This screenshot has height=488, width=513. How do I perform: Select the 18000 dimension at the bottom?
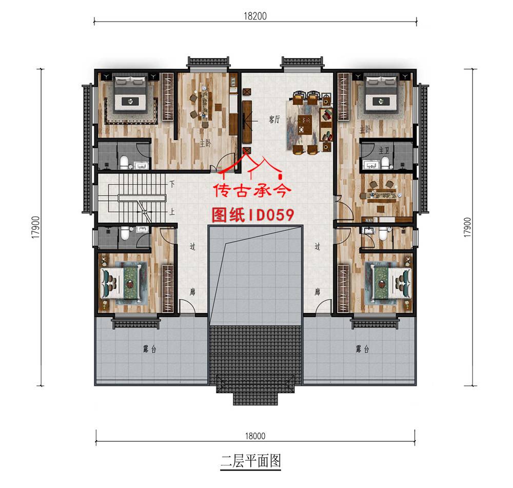255,436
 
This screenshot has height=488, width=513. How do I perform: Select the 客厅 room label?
274,119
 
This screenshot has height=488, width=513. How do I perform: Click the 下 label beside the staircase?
172,183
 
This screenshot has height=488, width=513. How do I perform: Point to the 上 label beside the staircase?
172,211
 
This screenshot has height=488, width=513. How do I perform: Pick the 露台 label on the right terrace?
362,349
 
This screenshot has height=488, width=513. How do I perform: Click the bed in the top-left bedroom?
130,94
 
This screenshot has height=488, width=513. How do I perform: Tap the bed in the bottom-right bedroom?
388,281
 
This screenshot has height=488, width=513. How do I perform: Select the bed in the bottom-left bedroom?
125,281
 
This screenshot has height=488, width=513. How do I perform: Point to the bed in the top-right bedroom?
381,94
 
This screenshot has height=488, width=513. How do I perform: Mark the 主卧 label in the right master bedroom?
365,128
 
